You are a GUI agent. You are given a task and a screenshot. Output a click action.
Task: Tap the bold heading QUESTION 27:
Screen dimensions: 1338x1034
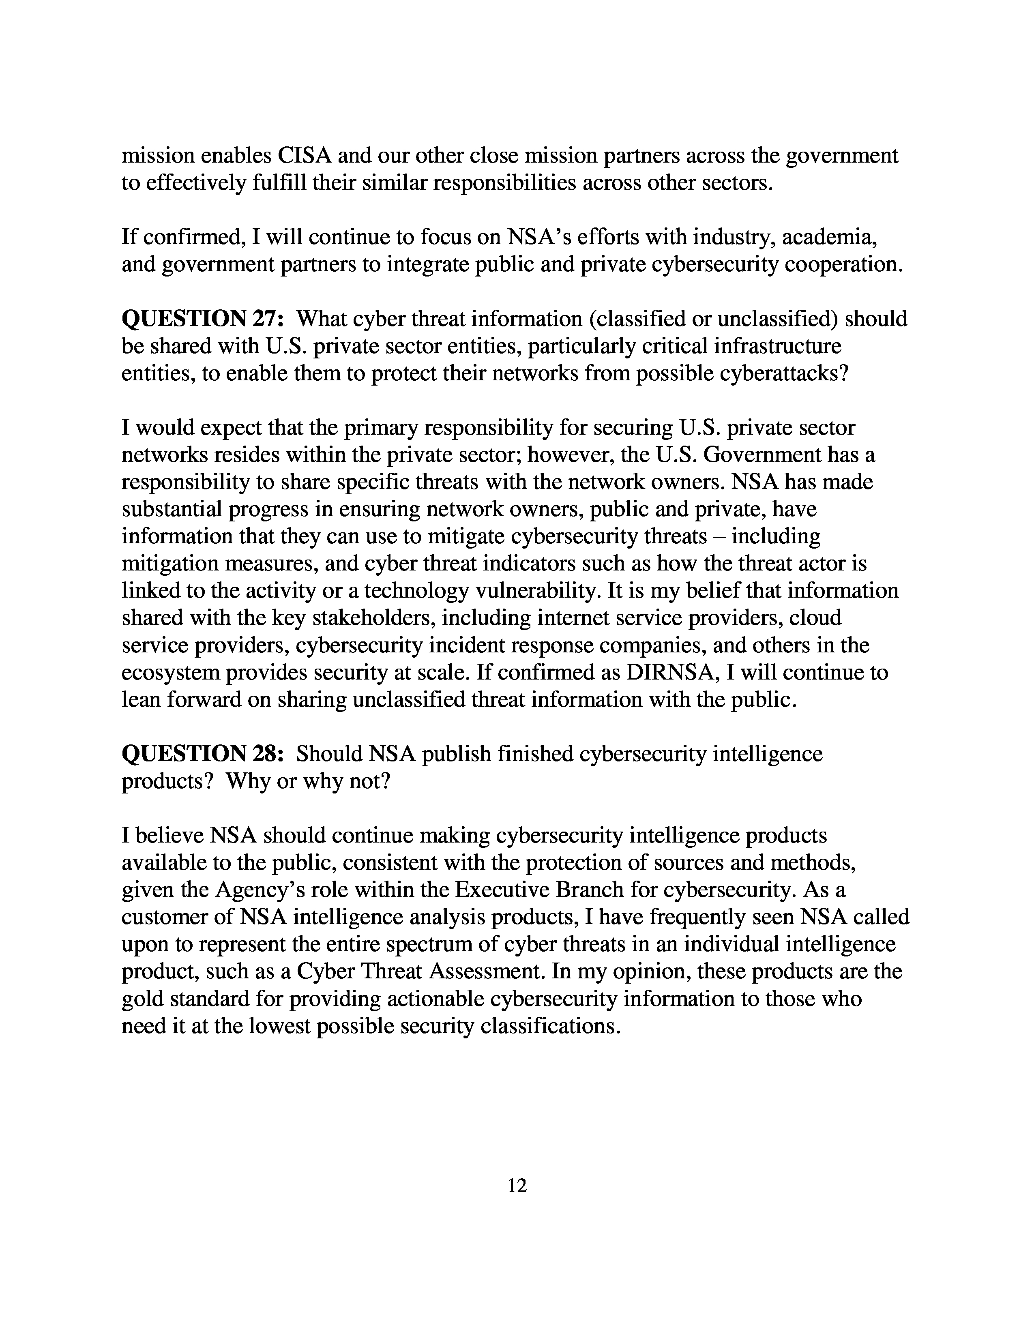click(x=203, y=319)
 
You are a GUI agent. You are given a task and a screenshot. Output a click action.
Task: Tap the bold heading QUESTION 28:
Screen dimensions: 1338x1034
click(x=203, y=754)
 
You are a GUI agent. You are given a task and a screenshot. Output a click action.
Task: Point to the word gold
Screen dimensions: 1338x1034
click(x=142, y=999)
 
